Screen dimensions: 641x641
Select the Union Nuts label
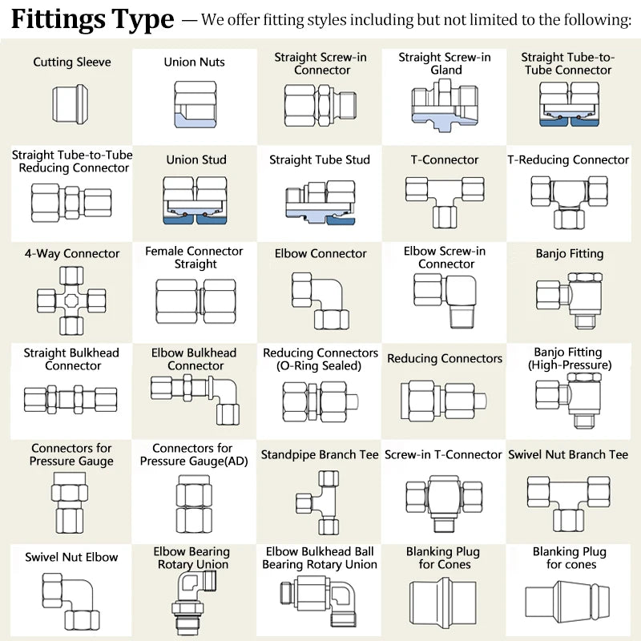[194, 62]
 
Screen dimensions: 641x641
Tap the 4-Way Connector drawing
[71, 299]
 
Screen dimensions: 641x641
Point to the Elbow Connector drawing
[320, 300]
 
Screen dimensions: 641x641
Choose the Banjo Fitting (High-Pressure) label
[569, 359]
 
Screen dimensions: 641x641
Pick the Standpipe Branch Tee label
[320, 454]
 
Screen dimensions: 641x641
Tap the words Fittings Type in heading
[92, 18]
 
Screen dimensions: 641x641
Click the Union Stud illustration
[195, 201]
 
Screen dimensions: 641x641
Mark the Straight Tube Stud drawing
[320, 201]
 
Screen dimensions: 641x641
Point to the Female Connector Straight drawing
[195, 301]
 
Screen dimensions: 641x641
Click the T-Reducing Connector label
[568, 160]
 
